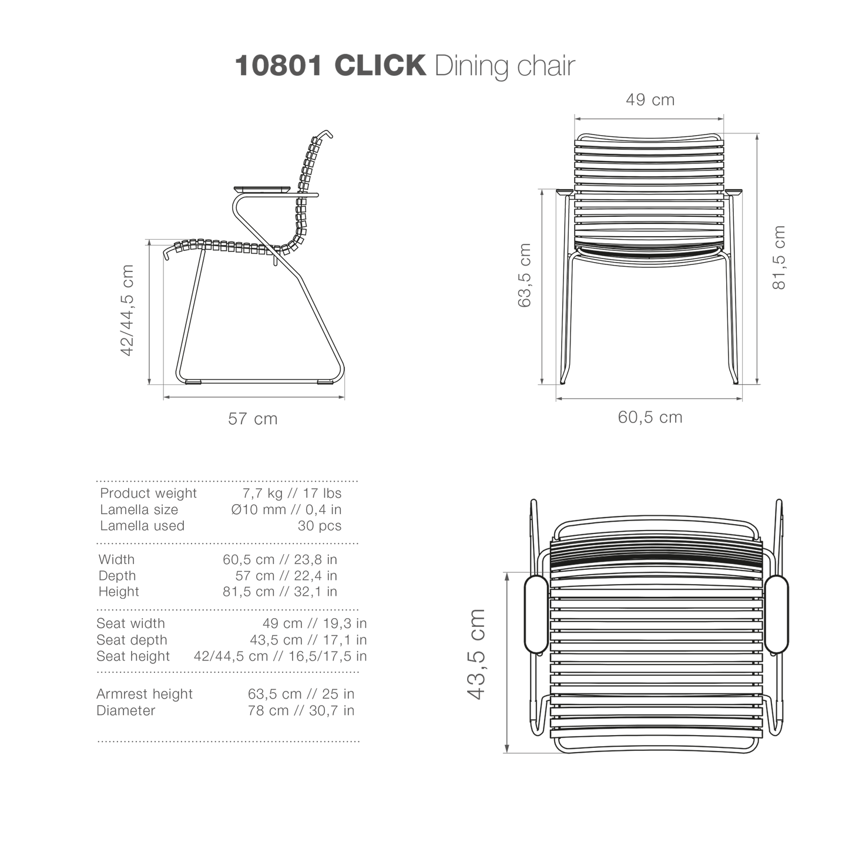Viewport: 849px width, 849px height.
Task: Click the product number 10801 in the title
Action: (278, 66)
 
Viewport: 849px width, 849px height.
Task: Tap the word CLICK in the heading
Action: (380, 66)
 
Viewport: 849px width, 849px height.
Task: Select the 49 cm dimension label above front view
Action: (650, 99)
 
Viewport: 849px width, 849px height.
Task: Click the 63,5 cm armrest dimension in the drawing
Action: (524, 275)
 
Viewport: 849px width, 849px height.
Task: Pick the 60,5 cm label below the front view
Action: (650, 417)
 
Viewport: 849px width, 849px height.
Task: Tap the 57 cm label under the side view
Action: (253, 418)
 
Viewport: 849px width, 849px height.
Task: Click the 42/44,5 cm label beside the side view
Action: (127, 310)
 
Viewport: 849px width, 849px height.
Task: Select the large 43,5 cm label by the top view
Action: (476, 655)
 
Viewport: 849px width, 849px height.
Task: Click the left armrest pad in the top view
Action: (536, 614)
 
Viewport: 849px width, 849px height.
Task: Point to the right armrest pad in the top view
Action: (776, 614)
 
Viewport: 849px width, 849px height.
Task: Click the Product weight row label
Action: (148, 494)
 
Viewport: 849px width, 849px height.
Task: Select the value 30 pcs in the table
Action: (320, 526)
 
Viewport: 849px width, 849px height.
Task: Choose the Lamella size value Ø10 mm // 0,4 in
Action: (286, 510)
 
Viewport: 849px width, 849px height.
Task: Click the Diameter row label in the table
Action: (126, 710)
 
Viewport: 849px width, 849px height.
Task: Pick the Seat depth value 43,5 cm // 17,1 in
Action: (308, 640)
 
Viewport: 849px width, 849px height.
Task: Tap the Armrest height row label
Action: (145, 694)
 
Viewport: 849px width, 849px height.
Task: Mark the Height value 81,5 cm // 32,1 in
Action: (280, 591)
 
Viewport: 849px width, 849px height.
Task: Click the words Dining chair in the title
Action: (505, 66)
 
